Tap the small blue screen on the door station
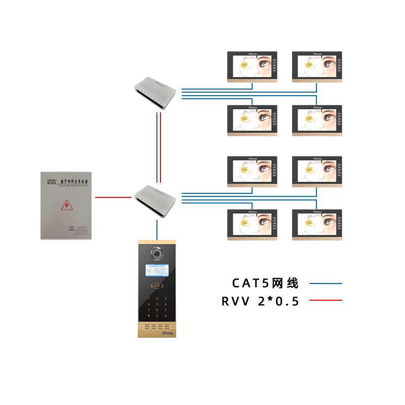click(x=157, y=271)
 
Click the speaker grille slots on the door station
click(x=157, y=327)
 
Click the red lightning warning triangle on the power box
click(x=66, y=205)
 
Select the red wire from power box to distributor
click(x=114, y=197)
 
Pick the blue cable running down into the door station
click(x=157, y=230)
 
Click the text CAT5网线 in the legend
click(x=265, y=283)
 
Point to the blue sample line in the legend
click(x=326, y=283)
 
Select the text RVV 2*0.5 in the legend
click(x=260, y=302)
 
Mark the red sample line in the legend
click(x=326, y=300)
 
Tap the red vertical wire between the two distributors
click(x=159, y=147)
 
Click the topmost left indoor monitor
click(x=252, y=66)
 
